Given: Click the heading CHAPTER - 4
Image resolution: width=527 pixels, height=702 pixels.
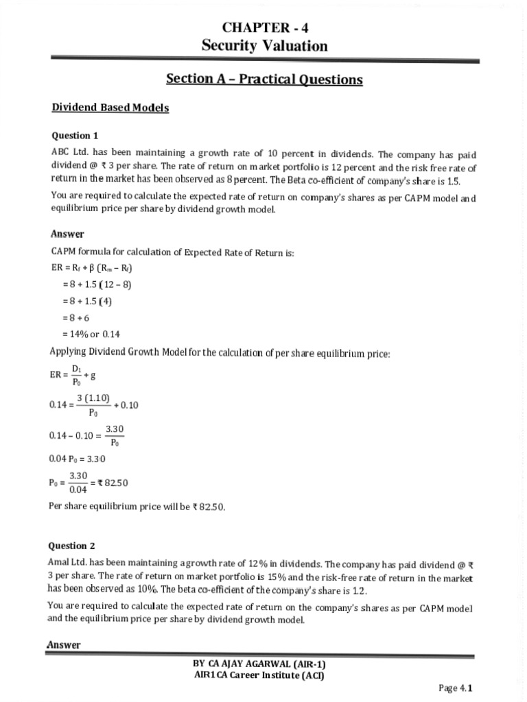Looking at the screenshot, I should click(x=264, y=28).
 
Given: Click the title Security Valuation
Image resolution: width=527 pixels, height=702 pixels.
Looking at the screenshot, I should click(x=264, y=46).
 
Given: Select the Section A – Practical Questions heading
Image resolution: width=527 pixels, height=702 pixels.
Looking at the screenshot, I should click(x=264, y=80).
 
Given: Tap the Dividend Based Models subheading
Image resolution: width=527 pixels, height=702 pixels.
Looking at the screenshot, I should click(x=110, y=108).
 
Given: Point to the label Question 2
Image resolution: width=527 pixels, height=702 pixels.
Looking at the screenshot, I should click(x=71, y=546).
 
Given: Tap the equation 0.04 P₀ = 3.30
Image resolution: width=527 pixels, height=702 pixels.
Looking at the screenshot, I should click(x=78, y=459).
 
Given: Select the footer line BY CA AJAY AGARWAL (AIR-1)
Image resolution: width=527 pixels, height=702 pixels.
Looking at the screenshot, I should click(x=264, y=664).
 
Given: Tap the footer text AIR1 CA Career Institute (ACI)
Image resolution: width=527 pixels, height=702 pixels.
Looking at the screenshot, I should click(x=264, y=675).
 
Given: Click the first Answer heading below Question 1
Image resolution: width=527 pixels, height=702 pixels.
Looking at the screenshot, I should click(x=67, y=234).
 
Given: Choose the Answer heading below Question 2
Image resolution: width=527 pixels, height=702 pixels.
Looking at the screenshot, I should click(x=63, y=644).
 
